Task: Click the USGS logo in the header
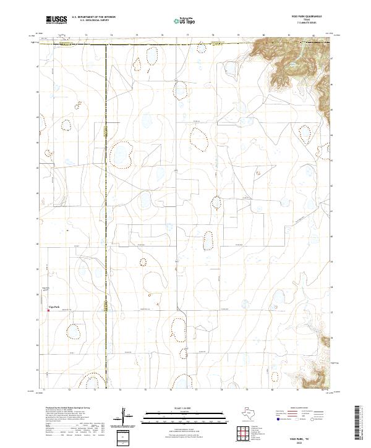56,20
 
